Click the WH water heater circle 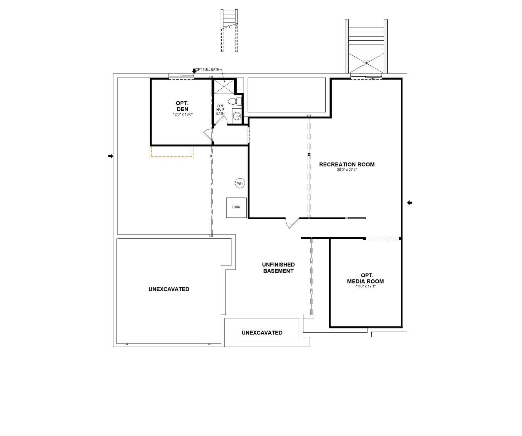coord(240,183)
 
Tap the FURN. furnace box coord(236,207)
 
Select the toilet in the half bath coord(235,101)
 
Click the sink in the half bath coord(237,116)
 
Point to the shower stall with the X coord(224,86)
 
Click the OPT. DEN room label coord(182,106)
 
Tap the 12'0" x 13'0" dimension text coord(182,114)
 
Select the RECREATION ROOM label coord(347,165)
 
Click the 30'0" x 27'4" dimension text coord(347,170)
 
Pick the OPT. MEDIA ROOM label coord(365,278)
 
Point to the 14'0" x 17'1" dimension coord(365,286)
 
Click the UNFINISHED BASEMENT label coord(278,268)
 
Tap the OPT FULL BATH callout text coord(207,70)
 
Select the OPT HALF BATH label coord(220,110)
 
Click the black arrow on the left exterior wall coord(111,156)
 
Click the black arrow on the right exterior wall coord(410,203)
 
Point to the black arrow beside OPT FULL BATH coord(194,71)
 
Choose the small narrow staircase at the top coord(229,31)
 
